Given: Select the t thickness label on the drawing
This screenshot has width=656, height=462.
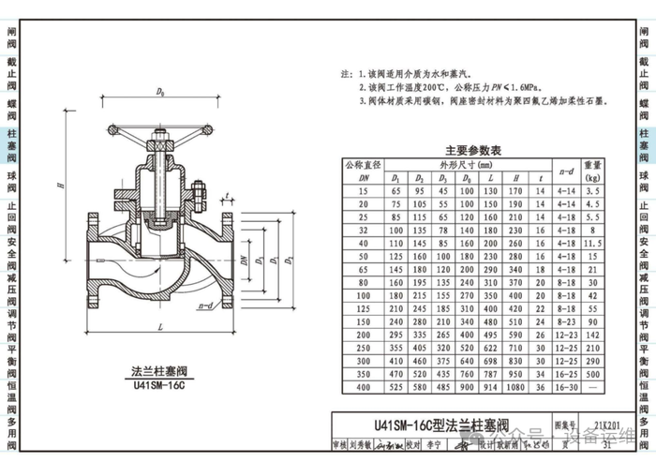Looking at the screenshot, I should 229,197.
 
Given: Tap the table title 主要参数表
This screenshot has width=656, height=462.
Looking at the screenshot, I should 473,150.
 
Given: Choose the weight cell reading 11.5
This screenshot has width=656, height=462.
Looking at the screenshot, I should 593,243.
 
